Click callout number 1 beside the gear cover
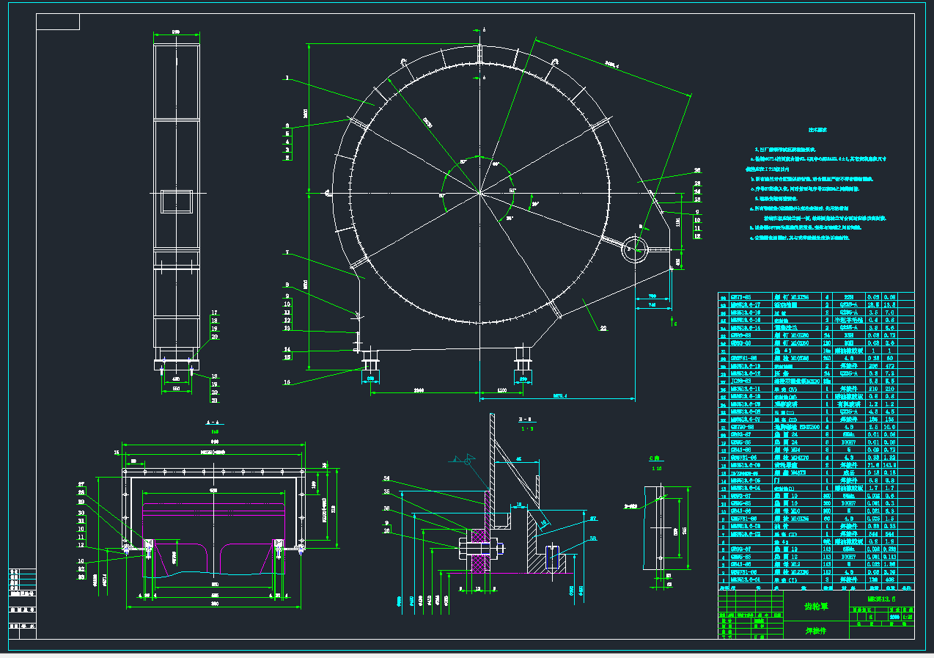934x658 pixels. tap(287, 77)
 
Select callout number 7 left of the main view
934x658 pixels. tap(287, 253)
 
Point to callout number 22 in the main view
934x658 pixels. tap(603, 329)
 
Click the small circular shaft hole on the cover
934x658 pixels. tap(635, 250)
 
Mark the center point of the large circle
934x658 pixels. tap(479, 193)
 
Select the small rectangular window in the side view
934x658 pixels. tap(177, 200)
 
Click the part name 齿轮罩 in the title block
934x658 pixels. tap(815, 607)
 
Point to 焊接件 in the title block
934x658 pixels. tap(815, 630)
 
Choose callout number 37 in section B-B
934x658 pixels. tap(592, 518)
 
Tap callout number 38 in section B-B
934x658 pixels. tap(592, 539)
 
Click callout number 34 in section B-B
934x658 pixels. tap(386, 479)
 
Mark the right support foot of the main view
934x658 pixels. tap(523, 359)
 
